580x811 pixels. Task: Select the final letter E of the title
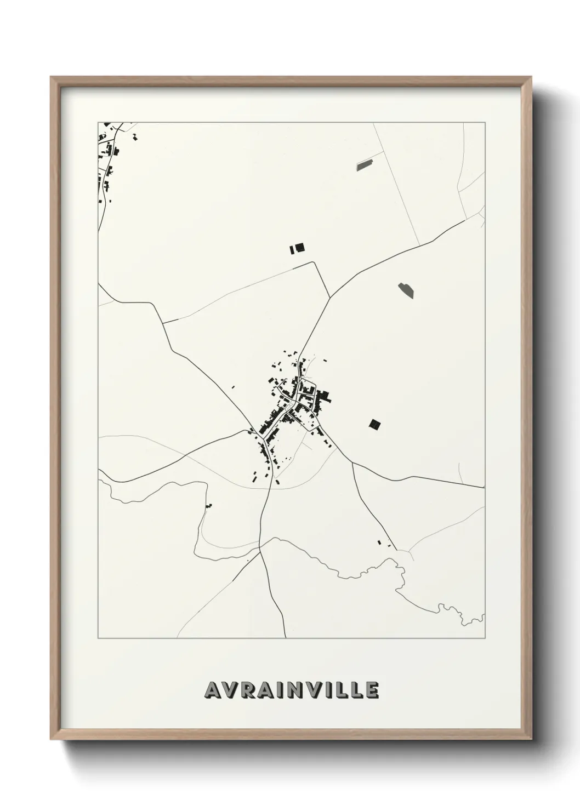[372, 690]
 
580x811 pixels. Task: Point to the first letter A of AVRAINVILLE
[212, 690]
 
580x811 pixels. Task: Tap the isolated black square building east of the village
[375, 424]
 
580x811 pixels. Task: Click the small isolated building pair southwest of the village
[208, 505]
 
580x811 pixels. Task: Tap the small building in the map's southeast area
[379, 542]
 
